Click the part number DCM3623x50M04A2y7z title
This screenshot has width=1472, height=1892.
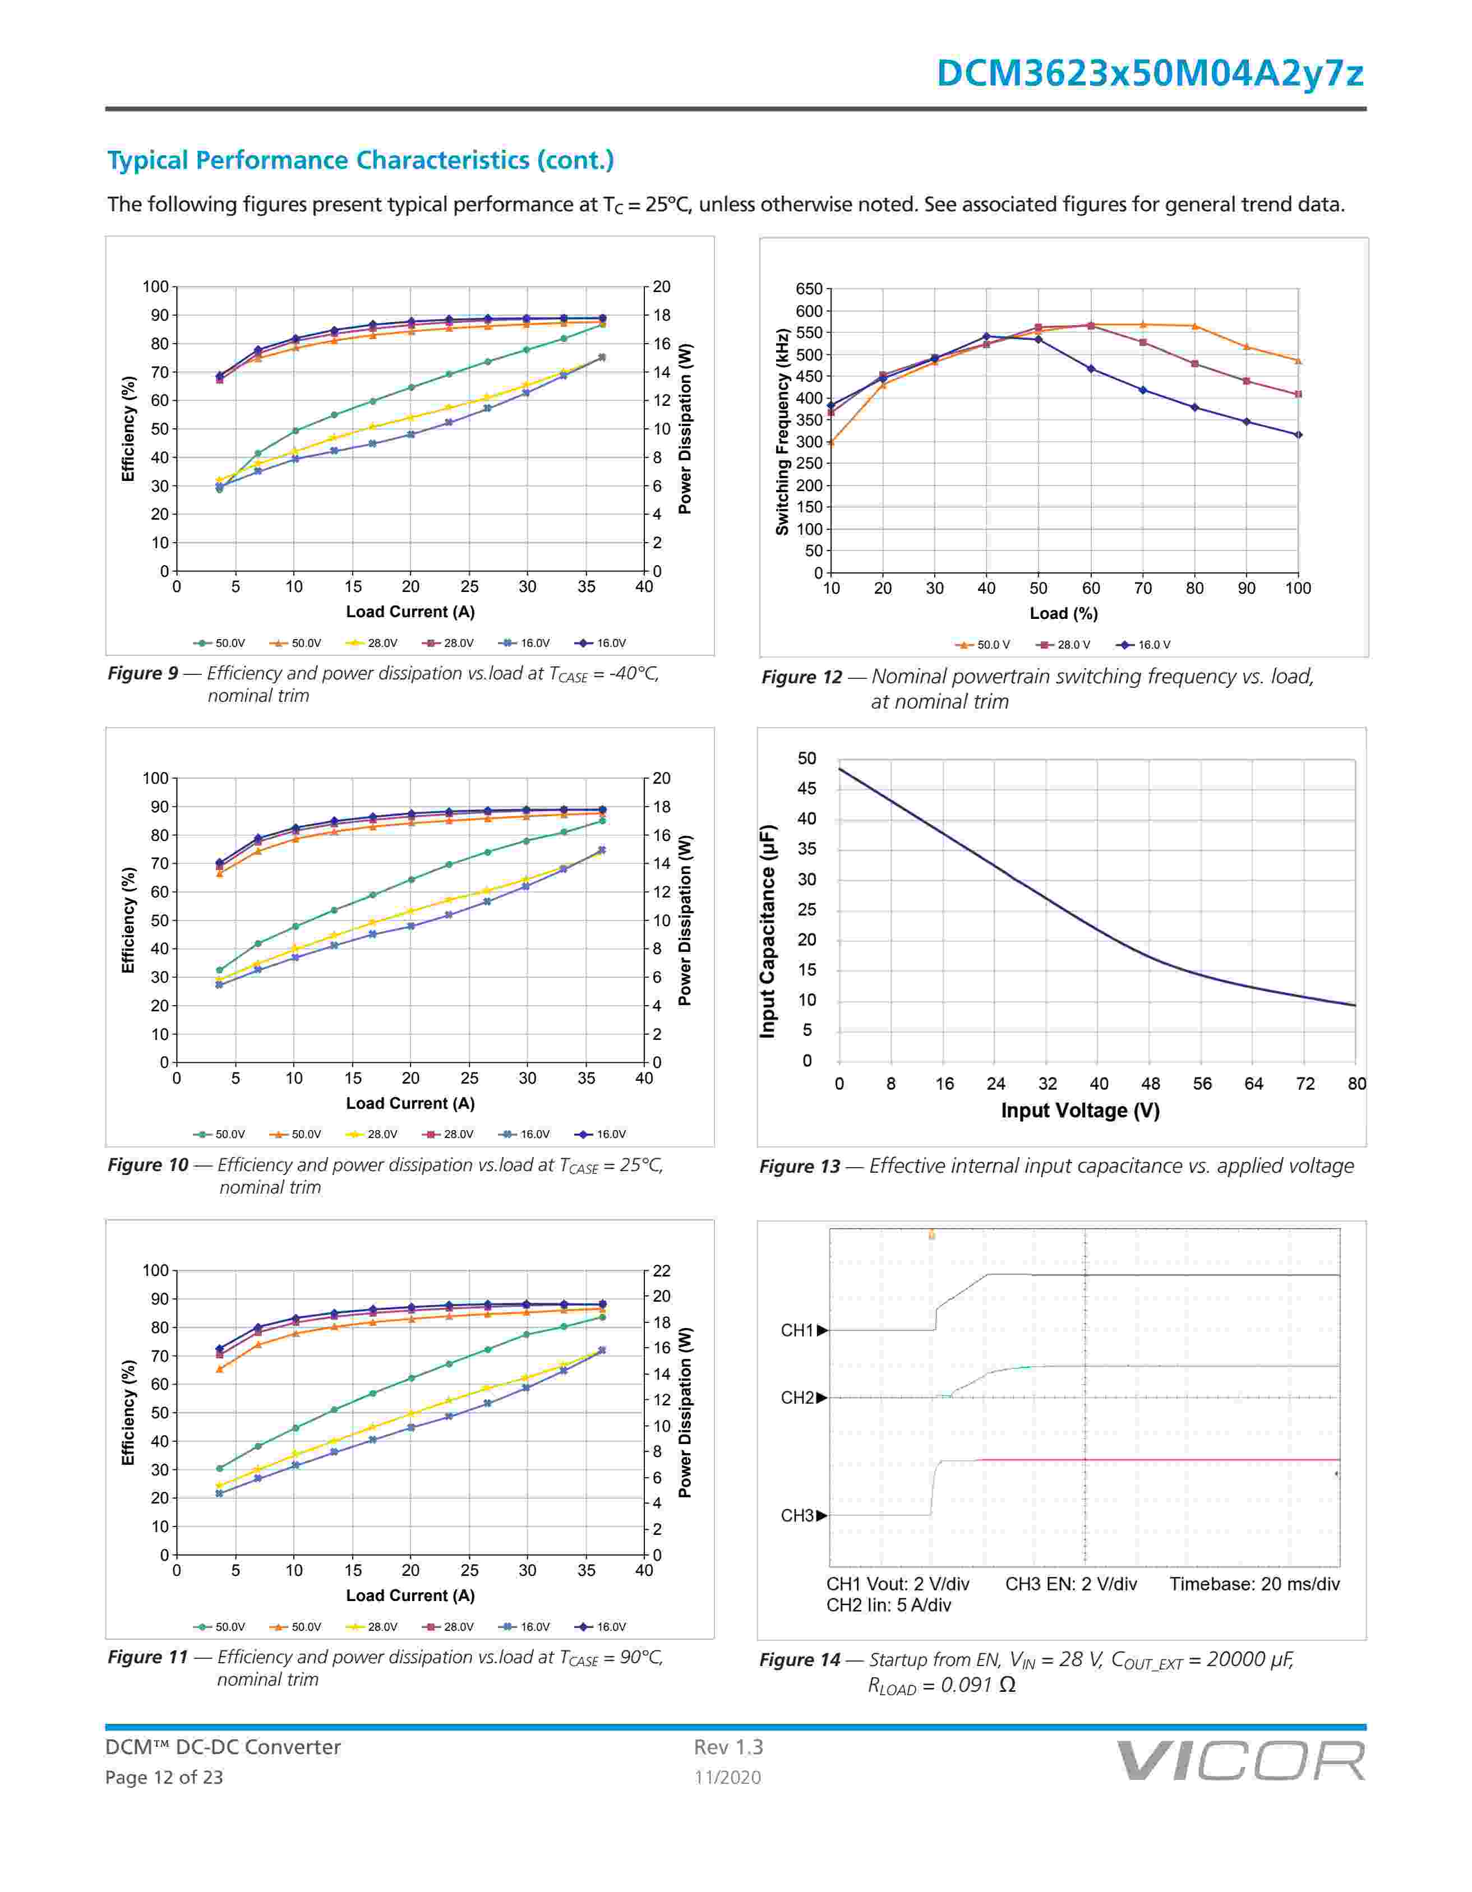point(1150,73)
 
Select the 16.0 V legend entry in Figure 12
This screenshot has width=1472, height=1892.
point(1146,645)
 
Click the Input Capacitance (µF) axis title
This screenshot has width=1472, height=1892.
point(768,931)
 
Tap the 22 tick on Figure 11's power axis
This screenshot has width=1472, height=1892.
point(661,1271)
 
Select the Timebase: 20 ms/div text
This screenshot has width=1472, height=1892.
point(1254,1584)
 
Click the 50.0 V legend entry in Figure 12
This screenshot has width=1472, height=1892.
point(984,645)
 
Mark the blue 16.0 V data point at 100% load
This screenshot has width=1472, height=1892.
point(1298,435)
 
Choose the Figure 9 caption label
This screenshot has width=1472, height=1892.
point(142,673)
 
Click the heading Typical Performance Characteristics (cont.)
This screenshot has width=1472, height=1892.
point(361,160)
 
